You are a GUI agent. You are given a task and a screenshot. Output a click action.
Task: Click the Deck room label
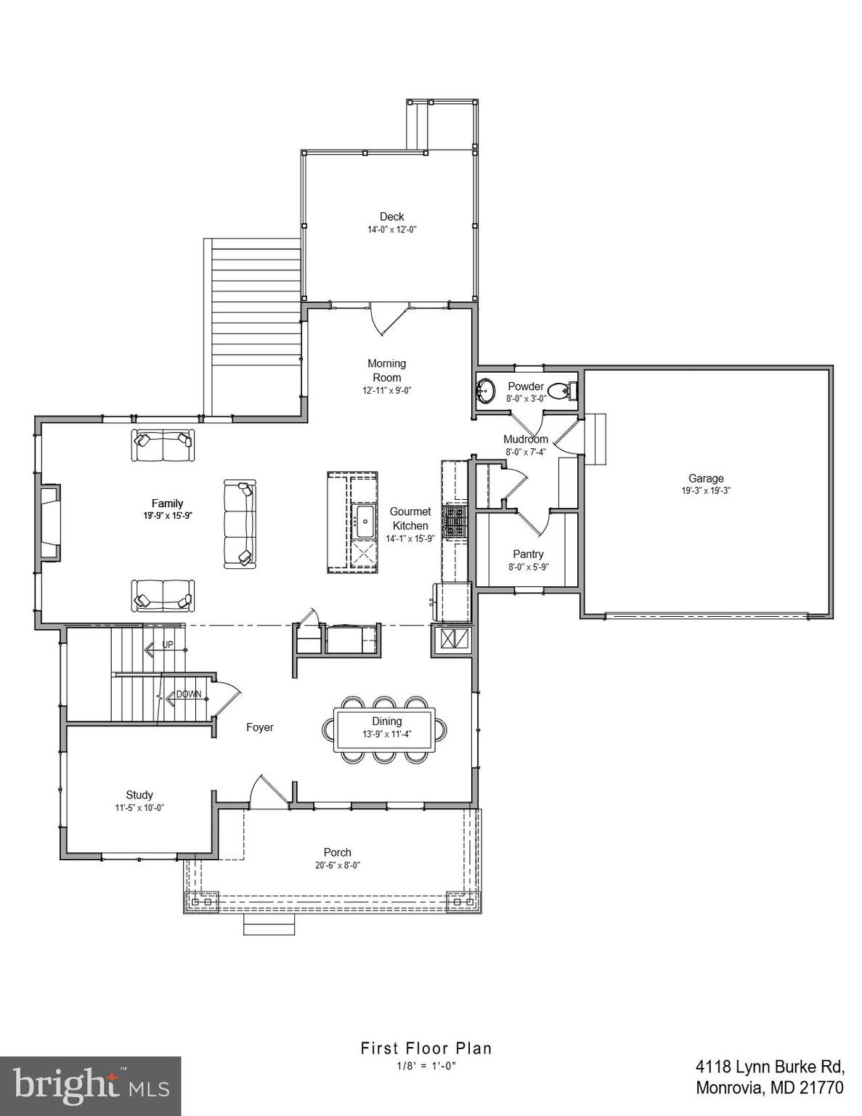click(391, 217)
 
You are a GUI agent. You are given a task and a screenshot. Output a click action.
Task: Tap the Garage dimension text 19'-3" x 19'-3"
click(706, 490)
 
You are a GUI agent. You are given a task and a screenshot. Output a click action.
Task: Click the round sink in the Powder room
click(485, 390)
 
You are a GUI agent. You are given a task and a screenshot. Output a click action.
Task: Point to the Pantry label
click(528, 554)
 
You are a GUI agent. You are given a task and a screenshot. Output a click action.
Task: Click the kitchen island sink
click(363, 520)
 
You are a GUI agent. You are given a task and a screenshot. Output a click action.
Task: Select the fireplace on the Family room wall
click(49, 522)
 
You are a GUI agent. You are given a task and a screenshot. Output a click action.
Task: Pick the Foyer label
click(259, 727)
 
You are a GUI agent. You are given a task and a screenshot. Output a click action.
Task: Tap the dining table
click(386, 729)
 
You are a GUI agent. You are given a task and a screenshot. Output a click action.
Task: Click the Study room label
click(139, 795)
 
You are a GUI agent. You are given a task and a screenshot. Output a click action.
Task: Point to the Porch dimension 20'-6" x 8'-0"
click(338, 865)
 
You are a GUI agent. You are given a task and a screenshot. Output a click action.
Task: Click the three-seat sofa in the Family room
click(240, 524)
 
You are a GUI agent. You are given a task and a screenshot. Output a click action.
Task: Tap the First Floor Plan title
click(426, 1048)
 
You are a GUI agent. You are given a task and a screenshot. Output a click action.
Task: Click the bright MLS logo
click(90, 1085)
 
